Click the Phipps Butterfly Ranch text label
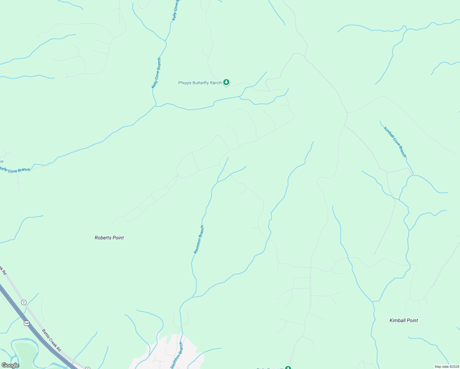(x=200, y=83)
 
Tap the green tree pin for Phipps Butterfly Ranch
(x=226, y=82)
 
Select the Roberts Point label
(x=109, y=238)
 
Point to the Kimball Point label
(x=403, y=320)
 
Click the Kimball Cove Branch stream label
(x=395, y=142)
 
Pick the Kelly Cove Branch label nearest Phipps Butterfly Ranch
(x=156, y=73)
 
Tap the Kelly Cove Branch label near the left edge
(x=15, y=170)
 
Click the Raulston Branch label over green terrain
(x=199, y=240)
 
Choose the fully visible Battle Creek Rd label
(x=51, y=340)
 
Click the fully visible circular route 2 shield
(x=24, y=302)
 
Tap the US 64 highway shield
(x=27, y=323)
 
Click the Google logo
(x=10, y=365)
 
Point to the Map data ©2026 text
(x=446, y=367)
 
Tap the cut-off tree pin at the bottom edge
(x=288, y=368)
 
